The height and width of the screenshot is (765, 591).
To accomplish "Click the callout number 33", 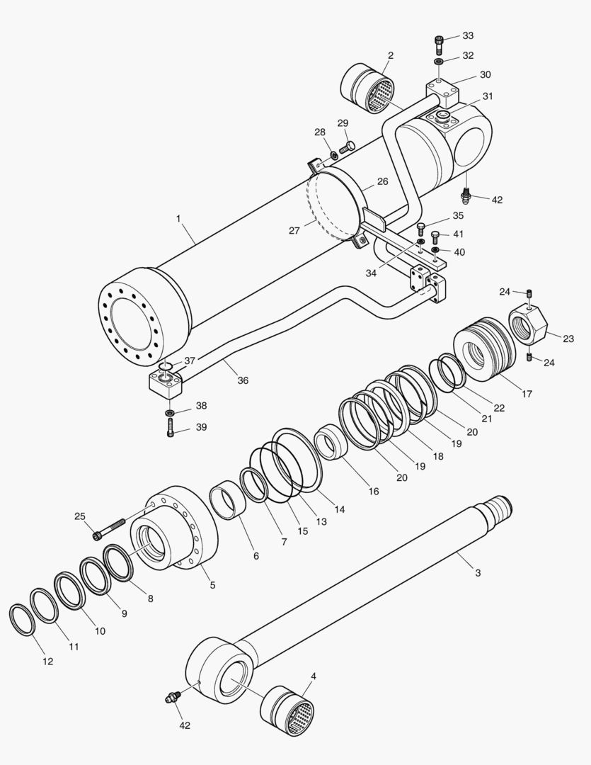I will point(468,35).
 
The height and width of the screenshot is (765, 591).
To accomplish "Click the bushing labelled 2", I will point(368,89).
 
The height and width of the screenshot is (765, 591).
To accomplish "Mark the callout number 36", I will point(243,380).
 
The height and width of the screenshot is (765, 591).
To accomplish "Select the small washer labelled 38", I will point(171,412).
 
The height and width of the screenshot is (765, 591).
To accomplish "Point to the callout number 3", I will point(478,572).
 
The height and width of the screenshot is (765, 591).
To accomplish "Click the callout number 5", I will point(212,585).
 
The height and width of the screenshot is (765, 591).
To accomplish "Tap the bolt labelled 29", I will point(347,148).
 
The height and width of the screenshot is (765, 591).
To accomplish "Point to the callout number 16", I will point(373,491).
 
